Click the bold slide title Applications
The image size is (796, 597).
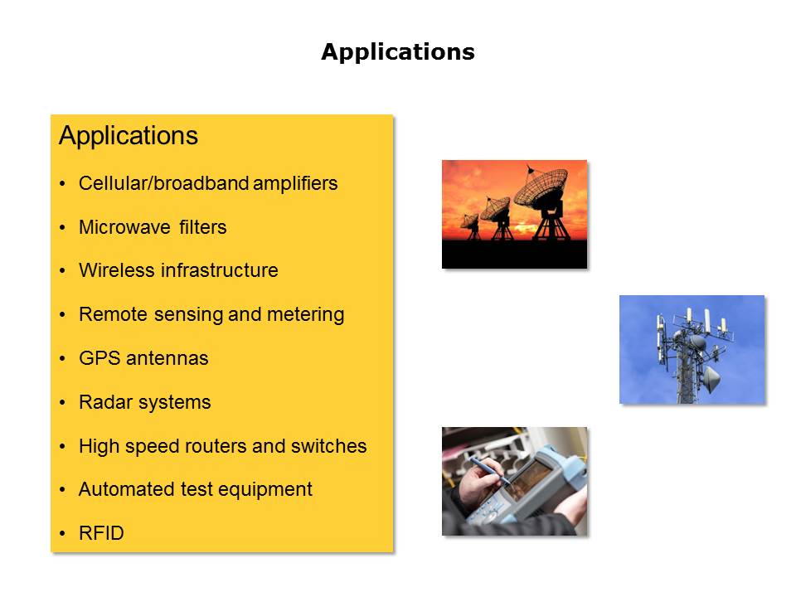[x=398, y=52]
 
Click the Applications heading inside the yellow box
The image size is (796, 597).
[x=129, y=136]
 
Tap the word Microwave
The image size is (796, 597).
[x=125, y=227]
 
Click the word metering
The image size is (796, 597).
[x=306, y=315]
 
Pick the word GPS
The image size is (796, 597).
[x=100, y=358]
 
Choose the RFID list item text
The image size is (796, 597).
[x=101, y=533]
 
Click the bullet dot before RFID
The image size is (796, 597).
[x=62, y=533]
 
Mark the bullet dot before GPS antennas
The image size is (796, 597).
[x=62, y=358]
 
